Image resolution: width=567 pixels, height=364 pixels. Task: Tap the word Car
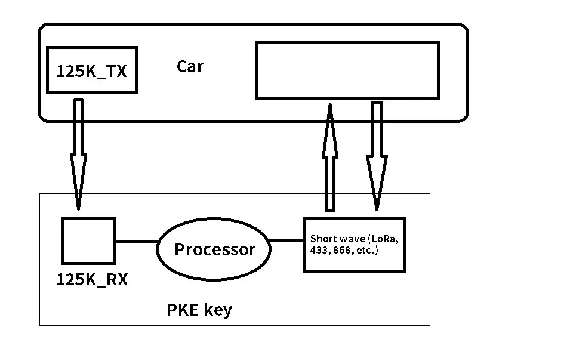click(190, 66)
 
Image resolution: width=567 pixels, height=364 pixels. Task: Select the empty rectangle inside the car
click(347, 70)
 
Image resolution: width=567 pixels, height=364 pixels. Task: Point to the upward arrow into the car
click(329, 158)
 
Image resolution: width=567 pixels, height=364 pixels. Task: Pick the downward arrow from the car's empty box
click(377, 158)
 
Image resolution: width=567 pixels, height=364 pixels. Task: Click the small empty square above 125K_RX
click(88, 240)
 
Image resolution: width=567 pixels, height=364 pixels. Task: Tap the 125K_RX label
click(92, 279)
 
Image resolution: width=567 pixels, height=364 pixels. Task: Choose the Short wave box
click(353, 245)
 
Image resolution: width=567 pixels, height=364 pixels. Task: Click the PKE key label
click(199, 310)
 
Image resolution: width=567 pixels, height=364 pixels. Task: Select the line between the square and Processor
click(136, 241)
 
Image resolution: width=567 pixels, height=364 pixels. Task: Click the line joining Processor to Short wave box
click(286, 241)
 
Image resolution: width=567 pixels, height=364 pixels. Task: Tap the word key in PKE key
click(218, 311)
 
